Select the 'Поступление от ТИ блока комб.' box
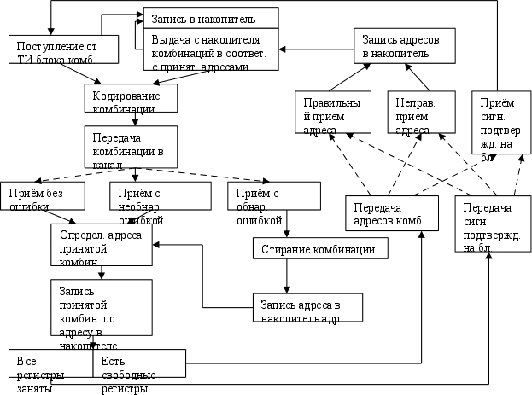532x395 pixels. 56,49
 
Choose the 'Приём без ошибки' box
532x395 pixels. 42,195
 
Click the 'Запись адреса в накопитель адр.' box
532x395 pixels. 306,307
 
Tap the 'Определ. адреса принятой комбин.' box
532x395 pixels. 101,245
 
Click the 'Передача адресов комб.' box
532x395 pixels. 392,217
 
